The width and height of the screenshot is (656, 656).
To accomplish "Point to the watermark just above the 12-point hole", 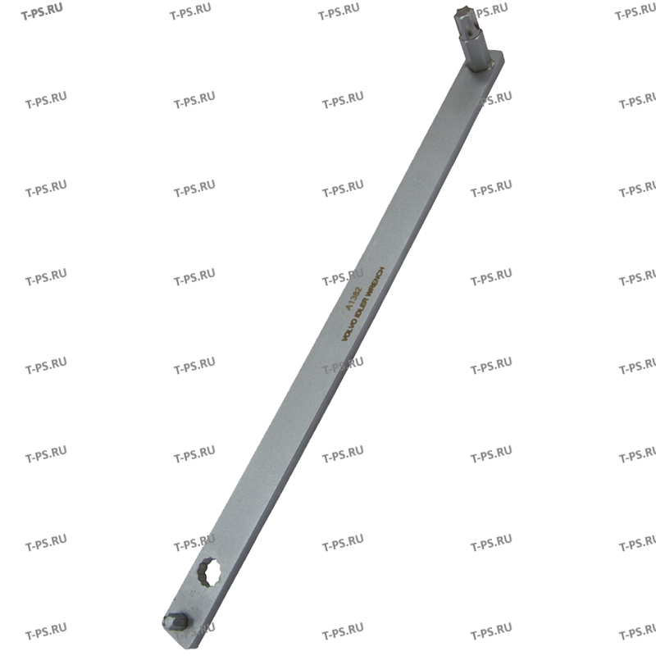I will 194,543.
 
